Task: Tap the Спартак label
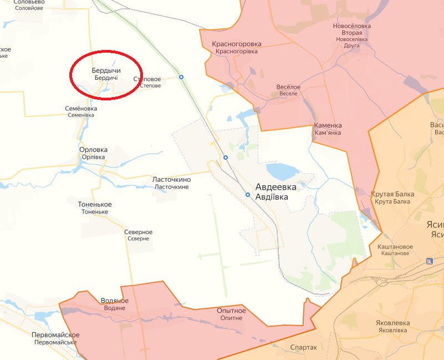(304, 347)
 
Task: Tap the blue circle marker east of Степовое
(181, 77)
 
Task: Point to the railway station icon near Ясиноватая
(429, 261)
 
